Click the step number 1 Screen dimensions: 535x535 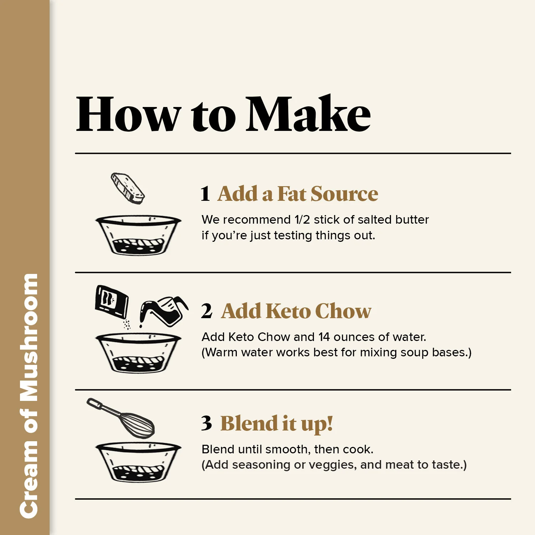click(x=205, y=194)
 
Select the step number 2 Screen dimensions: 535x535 click(x=207, y=311)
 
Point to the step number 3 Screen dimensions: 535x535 click(x=207, y=423)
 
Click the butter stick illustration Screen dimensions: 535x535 click(x=128, y=188)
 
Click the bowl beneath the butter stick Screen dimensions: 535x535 click(x=138, y=235)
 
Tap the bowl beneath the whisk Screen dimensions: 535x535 click(x=138, y=463)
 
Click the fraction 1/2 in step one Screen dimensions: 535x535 click(x=302, y=220)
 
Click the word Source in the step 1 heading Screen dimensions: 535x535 click(x=344, y=194)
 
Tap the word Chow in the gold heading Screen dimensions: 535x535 click(x=343, y=311)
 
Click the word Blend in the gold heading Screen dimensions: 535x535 click(x=249, y=423)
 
